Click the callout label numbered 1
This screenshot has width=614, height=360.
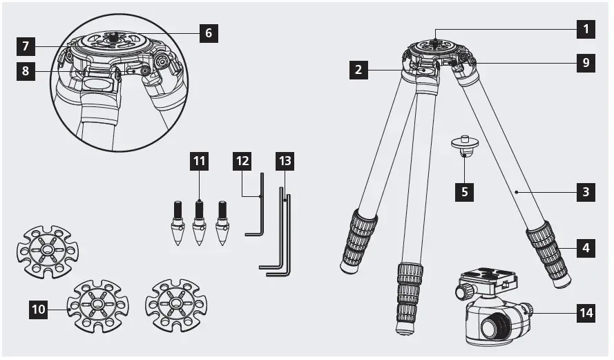click(x=586, y=29)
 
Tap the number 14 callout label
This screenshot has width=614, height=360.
click(x=586, y=313)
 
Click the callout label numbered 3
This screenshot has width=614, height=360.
click(x=586, y=191)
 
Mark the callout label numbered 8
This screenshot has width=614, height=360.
click(x=26, y=72)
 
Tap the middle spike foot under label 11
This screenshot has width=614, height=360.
click(x=200, y=222)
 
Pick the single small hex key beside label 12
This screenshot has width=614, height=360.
click(x=256, y=207)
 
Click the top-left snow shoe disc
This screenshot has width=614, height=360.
click(x=47, y=250)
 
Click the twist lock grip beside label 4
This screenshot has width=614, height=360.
click(x=548, y=251)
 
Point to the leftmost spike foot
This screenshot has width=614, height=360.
click(x=178, y=222)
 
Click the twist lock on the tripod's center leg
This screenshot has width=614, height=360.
click(x=410, y=290)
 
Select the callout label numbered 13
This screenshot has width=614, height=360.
click(x=285, y=162)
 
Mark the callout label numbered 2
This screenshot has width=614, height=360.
click(x=358, y=70)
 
